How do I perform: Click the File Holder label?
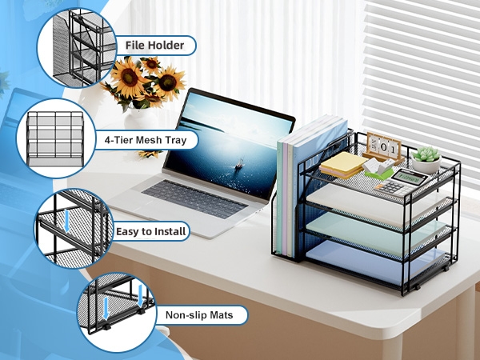155,46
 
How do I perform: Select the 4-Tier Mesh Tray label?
146,140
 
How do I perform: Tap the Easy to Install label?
151,231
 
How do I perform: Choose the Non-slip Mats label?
199,314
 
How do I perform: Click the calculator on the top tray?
401,182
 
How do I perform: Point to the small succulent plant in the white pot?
426,159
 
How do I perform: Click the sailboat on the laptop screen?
239,164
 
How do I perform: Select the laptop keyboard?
194,198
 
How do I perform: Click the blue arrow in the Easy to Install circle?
66,221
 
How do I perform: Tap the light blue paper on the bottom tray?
374,261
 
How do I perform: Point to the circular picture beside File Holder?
77,48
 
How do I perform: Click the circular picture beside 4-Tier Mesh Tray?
56,138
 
